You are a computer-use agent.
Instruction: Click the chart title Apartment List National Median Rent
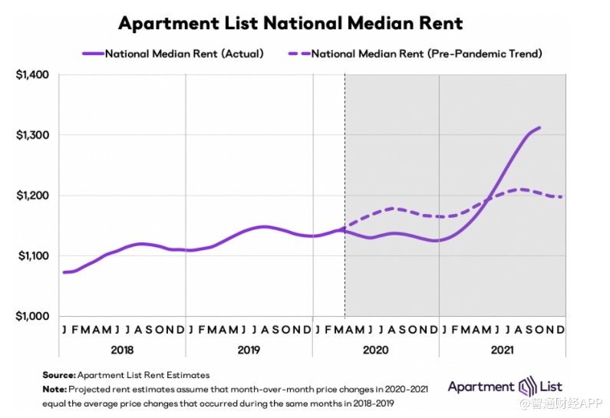[x=290, y=23]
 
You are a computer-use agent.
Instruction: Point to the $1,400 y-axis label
[x=32, y=75]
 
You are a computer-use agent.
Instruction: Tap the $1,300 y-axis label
[x=32, y=135]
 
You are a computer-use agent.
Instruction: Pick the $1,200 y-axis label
[x=32, y=196]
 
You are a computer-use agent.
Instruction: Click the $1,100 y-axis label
[x=32, y=255]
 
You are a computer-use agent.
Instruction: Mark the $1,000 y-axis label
[x=32, y=316]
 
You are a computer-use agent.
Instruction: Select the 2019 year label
[x=249, y=349]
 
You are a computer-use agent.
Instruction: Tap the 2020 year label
[x=376, y=349]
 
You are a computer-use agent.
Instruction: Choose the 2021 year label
[x=503, y=349]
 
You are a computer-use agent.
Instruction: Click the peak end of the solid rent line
[x=539, y=128]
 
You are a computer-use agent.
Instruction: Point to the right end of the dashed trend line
[x=562, y=197]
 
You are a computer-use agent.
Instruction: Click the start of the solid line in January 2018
[x=64, y=272]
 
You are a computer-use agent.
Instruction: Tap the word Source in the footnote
[x=58, y=375]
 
